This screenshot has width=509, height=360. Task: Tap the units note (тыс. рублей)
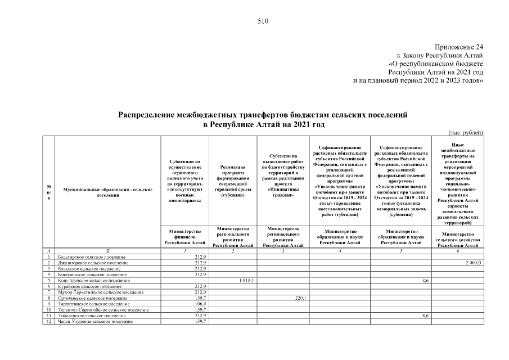(x=466, y=133)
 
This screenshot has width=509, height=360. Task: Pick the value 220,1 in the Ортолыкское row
(x=300, y=298)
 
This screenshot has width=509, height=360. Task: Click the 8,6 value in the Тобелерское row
(x=426, y=316)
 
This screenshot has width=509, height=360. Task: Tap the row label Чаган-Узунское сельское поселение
(x=91, y=322)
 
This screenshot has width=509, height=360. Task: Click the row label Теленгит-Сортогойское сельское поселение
(x=99, y=310)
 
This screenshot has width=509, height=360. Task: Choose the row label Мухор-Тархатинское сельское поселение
(x=96, y=292)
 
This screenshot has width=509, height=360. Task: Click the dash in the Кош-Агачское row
(x=206, y=280)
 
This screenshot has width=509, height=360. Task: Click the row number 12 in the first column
(x=49, y=322)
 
